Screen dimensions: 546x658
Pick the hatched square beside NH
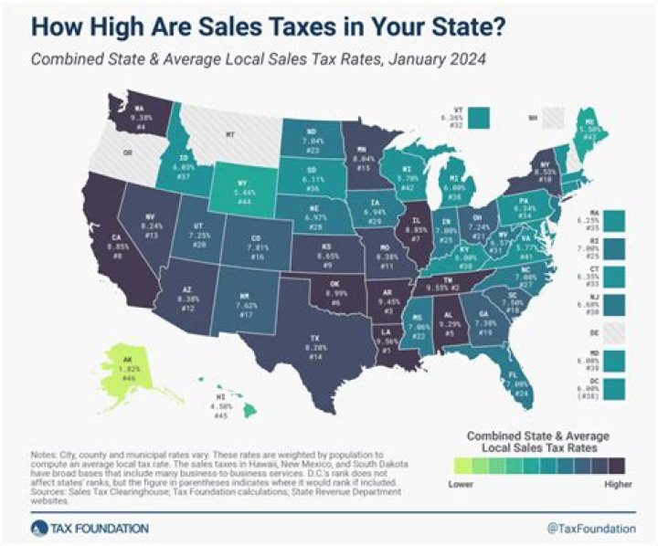tap(554, 118)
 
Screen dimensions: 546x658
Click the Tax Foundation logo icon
tap(37, 528)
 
